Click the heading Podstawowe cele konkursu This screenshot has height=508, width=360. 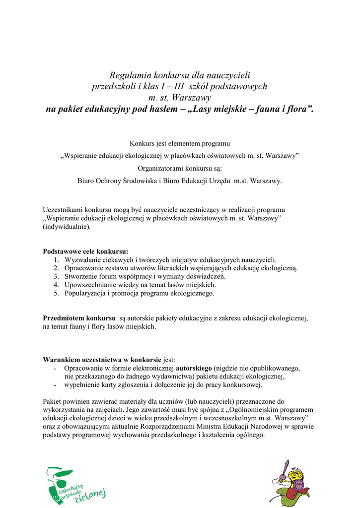85,252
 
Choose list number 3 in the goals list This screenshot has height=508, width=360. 56,276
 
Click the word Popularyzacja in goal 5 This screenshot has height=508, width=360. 84,293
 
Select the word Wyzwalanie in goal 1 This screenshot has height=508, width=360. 82,259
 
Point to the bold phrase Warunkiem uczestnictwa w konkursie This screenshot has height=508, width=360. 102,360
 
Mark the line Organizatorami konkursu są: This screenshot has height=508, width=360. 180,169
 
